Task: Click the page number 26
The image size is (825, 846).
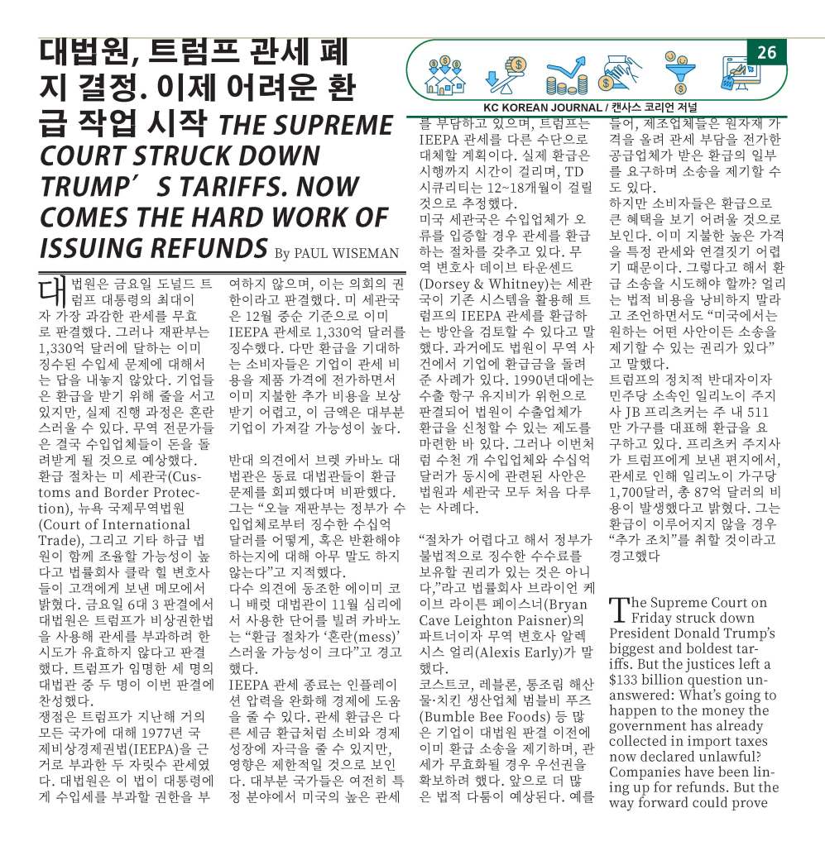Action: tap(766, 53)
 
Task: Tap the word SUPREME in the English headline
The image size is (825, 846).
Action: tap(335, 126)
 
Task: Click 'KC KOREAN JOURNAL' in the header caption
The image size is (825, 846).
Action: tap(542, 108)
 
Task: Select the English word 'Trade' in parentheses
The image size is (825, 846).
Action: tap(59, 542)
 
